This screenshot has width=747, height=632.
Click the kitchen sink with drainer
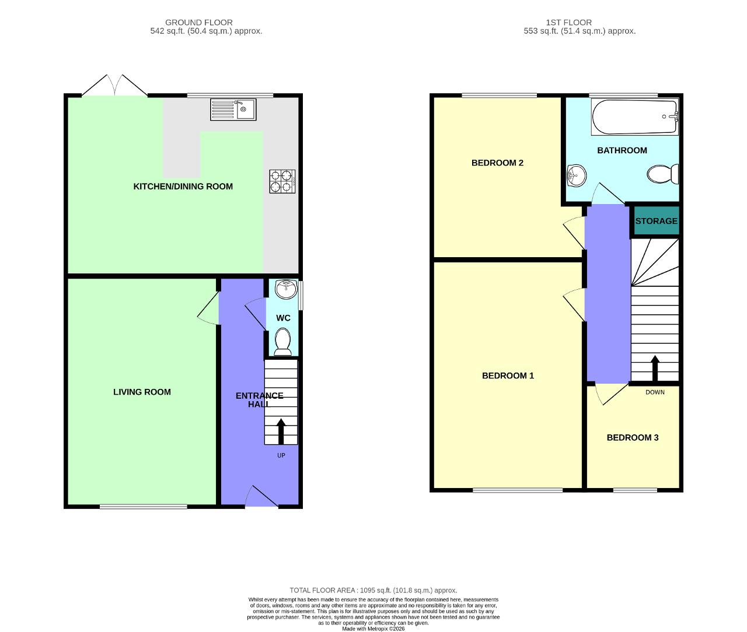[233, 110]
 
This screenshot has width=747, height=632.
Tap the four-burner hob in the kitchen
[282, 181]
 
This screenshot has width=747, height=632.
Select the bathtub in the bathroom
[634, 117]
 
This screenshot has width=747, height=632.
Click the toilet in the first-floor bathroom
[662, 174]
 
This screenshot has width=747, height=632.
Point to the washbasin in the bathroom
[576, 175]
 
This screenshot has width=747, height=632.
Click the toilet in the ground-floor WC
[282, 341]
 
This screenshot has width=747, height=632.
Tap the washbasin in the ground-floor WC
[286, 289]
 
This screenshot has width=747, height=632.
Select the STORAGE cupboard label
[657, 221]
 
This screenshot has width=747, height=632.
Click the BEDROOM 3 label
[633, 437]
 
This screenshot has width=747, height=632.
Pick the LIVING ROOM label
[142, 392]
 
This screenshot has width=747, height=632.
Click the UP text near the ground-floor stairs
[281, 455]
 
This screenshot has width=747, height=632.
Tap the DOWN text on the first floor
[655, 392]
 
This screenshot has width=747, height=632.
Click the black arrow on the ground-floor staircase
[281, 431]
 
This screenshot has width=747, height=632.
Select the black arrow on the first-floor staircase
[655, 368]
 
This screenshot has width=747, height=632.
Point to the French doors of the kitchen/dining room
[115, 85]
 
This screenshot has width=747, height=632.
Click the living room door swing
[208, 308]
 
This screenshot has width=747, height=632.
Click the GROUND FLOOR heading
[199, 22]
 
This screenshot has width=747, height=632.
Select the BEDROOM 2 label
[497, 163]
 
